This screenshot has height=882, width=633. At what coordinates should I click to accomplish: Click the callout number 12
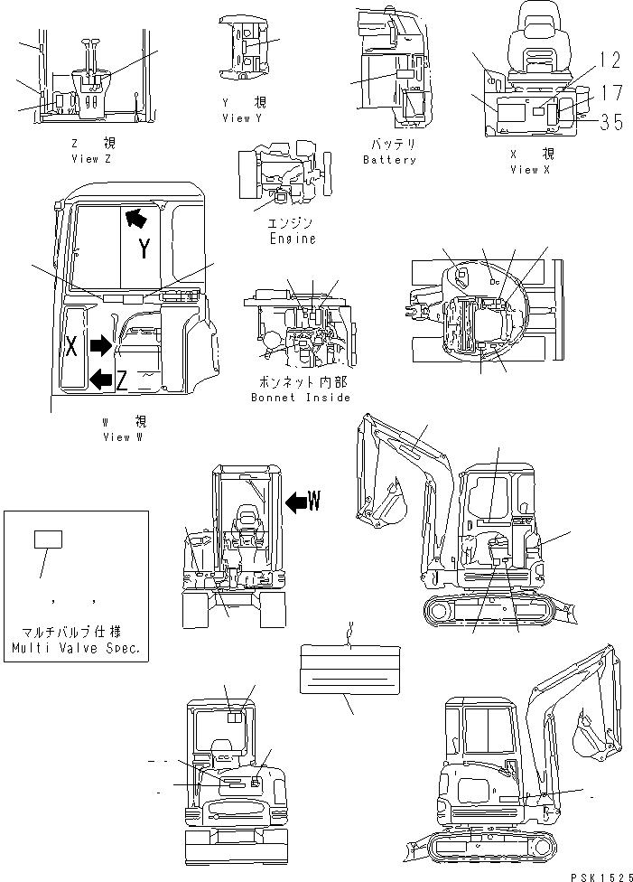click(x=610, y=61)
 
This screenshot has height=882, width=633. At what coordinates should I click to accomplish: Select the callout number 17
click(x=610, y=91)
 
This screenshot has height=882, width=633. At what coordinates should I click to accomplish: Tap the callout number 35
click(x=610, y=123)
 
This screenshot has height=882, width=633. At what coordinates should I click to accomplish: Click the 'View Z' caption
click(x=91, y=158)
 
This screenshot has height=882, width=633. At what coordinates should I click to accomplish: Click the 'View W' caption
click(x=122, y=437)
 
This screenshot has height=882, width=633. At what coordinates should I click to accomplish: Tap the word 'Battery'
click(x=389, y=160)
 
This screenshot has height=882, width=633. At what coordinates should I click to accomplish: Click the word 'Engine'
click(x=293, y=239)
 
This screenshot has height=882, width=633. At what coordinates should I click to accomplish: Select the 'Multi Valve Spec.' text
click(x=76, y=649)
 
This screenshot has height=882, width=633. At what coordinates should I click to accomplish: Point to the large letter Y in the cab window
click(x=144, y=250)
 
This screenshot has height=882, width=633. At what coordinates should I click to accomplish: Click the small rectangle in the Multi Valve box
click(x=48, y=540)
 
